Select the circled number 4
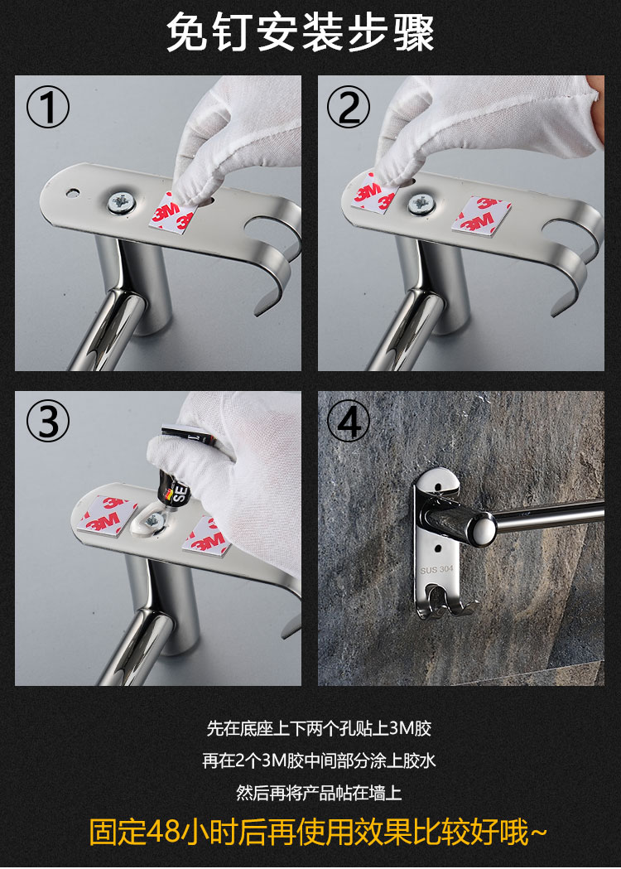(349, 422)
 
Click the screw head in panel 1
(122, 202)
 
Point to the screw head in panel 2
(421, 204)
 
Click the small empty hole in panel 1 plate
(72, 193)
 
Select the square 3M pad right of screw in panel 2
(474, 217)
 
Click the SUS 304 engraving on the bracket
(436, 570)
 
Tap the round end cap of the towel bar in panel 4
(479, 530)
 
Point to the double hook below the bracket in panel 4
(445, 602)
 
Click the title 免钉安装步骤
(301, 32)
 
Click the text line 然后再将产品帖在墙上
(319, 793)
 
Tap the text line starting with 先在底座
(319, 728)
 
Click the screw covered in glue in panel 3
(152, 520)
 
